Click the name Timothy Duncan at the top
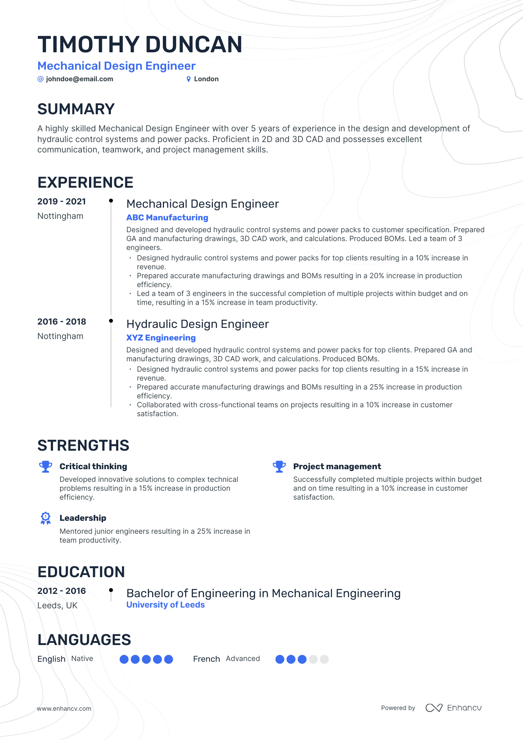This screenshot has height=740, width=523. click(140, 45)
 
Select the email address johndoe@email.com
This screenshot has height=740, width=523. click(79, 79)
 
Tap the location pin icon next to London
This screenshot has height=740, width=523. click(188, 79)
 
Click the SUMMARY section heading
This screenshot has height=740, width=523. click(76, 109)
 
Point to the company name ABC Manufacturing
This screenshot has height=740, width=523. click(167, 218)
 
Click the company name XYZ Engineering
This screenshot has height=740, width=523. click(161, 338)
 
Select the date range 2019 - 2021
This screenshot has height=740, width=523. click(62, 201)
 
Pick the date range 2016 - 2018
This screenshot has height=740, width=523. click(62, 322)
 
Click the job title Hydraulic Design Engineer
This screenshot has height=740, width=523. click(197, 324)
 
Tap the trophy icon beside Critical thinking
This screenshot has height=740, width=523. click(46, 467)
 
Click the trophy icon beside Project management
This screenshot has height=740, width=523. click(279, 467)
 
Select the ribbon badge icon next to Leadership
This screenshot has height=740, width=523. click(46, 518)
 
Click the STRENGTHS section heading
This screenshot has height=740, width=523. click(83, 445)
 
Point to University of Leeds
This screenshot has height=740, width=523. click(165, 605)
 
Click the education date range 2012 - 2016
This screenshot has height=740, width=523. click(62, 591)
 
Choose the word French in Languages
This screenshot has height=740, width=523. click(206, 659)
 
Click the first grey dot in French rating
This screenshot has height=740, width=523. click(313, 659)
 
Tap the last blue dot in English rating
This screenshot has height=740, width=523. click(169, 659)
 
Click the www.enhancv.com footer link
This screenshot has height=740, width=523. click(64, 708)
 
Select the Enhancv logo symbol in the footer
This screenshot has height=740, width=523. click(434, 708)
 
